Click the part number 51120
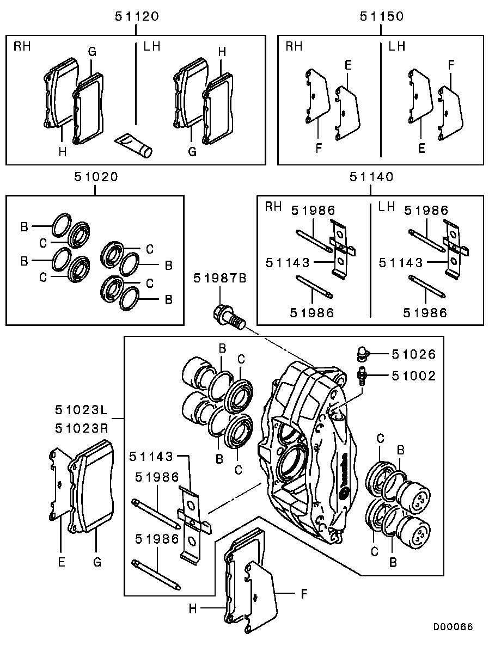point(137,16)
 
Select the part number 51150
point(381,16)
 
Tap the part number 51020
point(96,177)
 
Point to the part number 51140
point(371,177)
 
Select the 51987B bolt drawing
point(228,317)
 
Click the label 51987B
point(220,279)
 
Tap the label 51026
point(414,355)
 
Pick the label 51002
point(414,376)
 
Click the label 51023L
point(82,409)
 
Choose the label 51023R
point(82,428)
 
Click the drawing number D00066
point(453,627)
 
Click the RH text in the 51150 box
point(294,47)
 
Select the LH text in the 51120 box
point(152,47)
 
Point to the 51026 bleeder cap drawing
point(362,354)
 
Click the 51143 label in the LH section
point(401,263)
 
